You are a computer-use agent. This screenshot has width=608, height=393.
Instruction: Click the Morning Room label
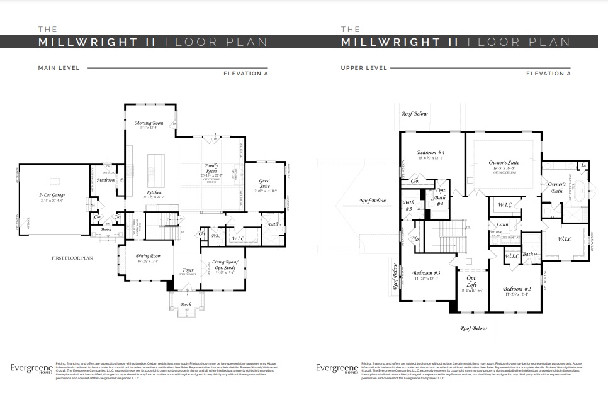tap(149, 123)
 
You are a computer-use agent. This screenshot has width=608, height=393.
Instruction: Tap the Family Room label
tap(211, 169)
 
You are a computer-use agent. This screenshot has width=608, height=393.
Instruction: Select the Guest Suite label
tap(265, 184)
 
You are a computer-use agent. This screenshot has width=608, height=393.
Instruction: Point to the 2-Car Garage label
tap(50, 196)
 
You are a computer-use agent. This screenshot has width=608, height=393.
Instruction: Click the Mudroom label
tap(106, 180)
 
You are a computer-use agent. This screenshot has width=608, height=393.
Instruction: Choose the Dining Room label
tap(149, 256)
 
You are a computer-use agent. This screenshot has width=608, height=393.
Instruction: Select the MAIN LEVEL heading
tap(59, 68)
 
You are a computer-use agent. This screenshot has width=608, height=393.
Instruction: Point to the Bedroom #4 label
tap(431, 153)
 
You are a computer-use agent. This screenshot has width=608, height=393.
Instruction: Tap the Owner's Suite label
tap(505, 163)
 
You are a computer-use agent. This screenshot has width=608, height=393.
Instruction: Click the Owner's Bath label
tap(556, 187)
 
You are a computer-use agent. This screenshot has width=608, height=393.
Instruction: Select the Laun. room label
tap(503, 224)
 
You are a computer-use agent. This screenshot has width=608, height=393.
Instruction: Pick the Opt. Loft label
tap(471, 281)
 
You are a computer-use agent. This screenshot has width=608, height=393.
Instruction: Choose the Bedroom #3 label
tap(426, 274)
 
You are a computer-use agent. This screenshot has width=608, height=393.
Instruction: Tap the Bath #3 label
tap(408, 205)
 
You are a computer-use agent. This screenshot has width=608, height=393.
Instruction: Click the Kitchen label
tap(154, 192)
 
